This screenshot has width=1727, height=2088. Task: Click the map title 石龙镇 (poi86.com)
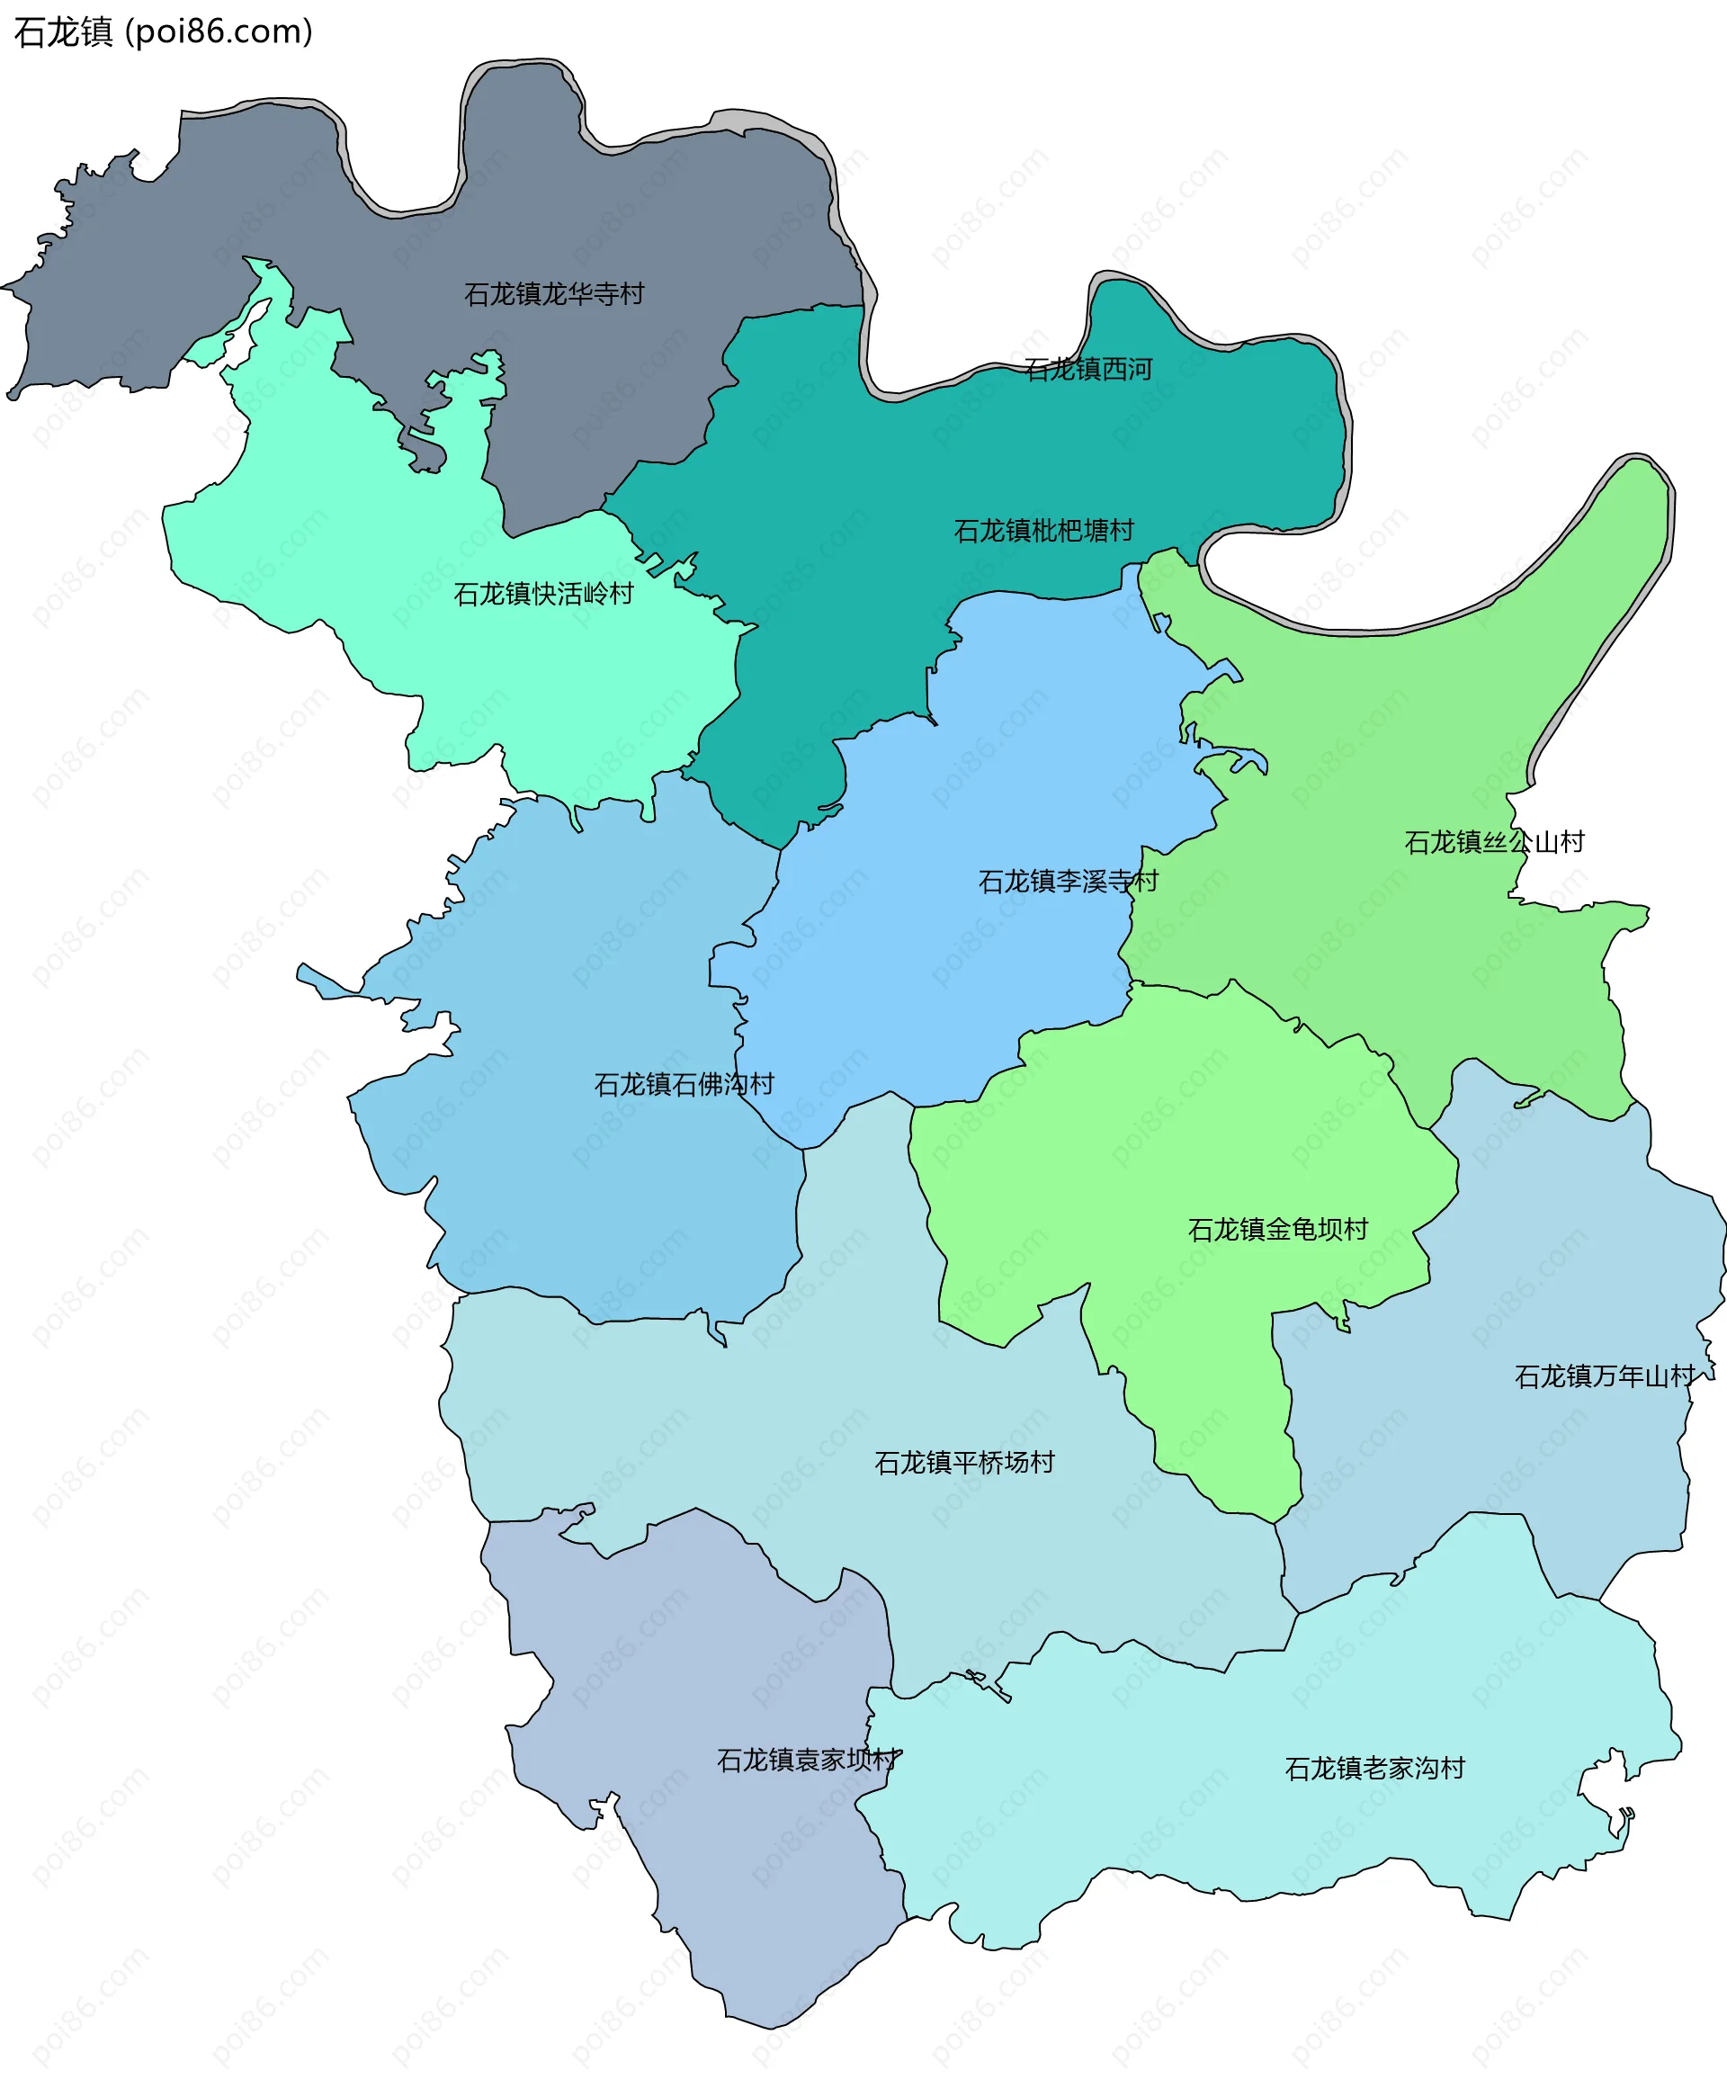pyautogui.click(x=163, y=31)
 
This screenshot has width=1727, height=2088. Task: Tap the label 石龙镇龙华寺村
pyautogui.click(x=554, y=294)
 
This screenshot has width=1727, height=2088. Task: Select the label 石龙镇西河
pyautogui.click(x=1087, y=370)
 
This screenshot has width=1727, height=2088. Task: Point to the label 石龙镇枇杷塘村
pyautogui.click(x=1043, y=531)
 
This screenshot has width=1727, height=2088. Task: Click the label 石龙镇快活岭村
pyautogui.click(x=543, y=595)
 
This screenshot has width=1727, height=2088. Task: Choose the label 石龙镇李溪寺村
pyautogui.click(x=1068, y=881)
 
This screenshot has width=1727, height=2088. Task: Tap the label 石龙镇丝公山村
pyautogui.click(x=1493, y=843)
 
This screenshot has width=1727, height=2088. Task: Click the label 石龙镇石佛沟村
pyautogui.click(x=683, y=1085)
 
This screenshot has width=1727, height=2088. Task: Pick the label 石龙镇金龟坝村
pyautogui.click(x=1277, y=1230)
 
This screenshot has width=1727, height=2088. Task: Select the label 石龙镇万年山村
pyautogui.click(x=1604, y=1377)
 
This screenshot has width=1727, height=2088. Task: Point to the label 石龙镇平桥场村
pyautogui.click(x=963, y=1463)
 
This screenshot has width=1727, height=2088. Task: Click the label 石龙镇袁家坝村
pyautogui.click(x=808, y=1761)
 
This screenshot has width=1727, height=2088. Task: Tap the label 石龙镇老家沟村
pyautogui.click(x=1374, y=1769)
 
